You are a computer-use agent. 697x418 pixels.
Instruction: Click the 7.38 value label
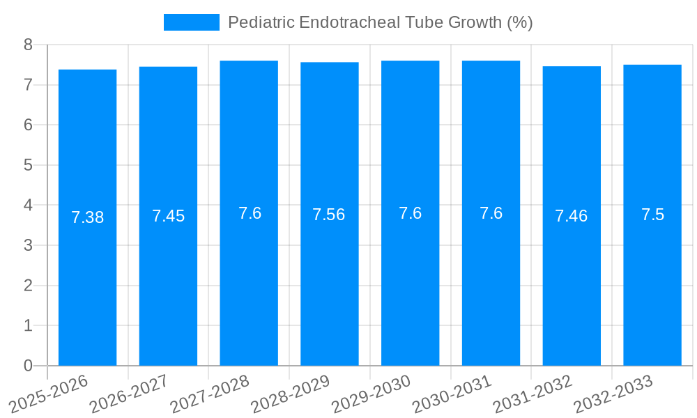click(87, 217)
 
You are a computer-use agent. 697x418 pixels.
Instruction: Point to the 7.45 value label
click(168, 216)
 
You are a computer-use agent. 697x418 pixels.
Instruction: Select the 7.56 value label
click(329, 215)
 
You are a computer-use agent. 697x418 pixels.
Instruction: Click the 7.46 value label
click(572, 216)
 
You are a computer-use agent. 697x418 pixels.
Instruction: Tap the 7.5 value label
click(652, 215)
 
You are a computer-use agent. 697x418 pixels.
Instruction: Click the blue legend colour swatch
click(191, 22)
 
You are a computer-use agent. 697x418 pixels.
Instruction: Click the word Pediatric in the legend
click(261, 22)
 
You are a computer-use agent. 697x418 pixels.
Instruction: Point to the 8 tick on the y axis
click(28, 45)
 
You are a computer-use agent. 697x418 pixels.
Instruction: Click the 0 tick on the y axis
click(28, 366)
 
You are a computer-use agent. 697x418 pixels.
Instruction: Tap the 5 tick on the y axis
click(28, 165)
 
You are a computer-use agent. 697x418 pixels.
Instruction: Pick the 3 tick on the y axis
click(28, 245)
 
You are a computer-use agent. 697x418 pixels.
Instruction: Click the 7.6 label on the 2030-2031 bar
click(491, 213)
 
